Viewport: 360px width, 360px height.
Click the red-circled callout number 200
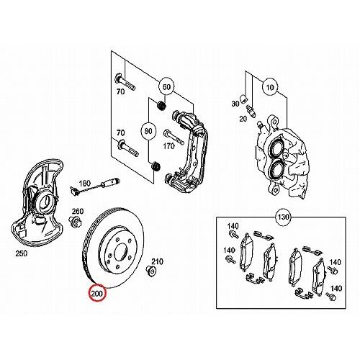97,293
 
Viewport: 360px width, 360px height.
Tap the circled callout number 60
166,87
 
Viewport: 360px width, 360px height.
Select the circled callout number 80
148,131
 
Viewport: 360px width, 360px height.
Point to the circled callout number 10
270,87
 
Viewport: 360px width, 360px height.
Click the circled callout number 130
283,217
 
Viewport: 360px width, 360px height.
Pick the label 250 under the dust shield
22,253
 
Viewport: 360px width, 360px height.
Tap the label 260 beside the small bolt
78,211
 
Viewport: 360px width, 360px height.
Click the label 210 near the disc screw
157,261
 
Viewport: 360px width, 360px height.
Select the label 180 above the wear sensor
85,184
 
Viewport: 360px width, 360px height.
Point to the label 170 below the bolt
168,146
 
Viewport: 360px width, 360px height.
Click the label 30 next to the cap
235,104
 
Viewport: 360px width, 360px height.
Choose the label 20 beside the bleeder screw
243,119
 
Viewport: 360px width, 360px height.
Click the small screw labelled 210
151,271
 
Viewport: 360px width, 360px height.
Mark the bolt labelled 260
75,222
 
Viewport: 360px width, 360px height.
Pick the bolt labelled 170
174,137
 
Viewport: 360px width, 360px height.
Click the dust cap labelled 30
244,99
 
